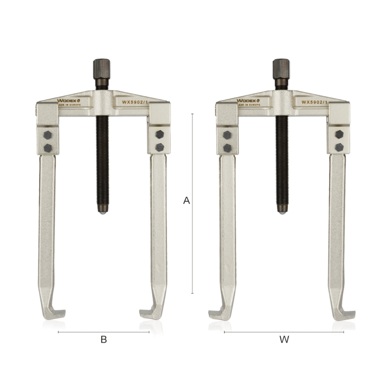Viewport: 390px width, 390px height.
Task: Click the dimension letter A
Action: pos(186,201)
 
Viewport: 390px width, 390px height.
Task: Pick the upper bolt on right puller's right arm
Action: pos(338,133)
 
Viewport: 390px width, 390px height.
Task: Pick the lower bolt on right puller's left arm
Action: pos(227,147)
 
